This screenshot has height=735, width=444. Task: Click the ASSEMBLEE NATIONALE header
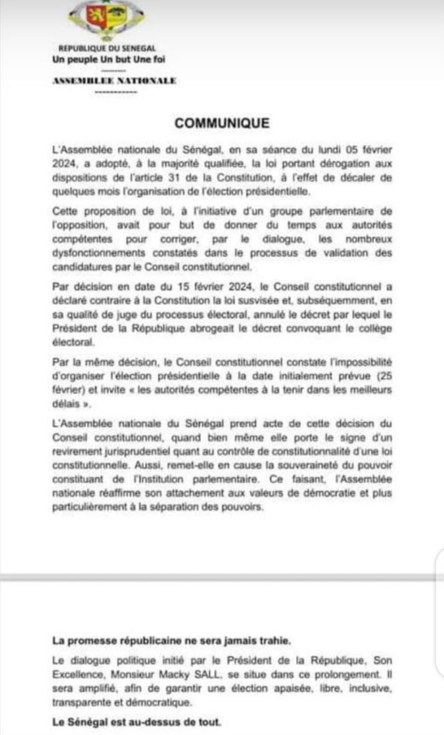pyautogui.click(x=114, y=80)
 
